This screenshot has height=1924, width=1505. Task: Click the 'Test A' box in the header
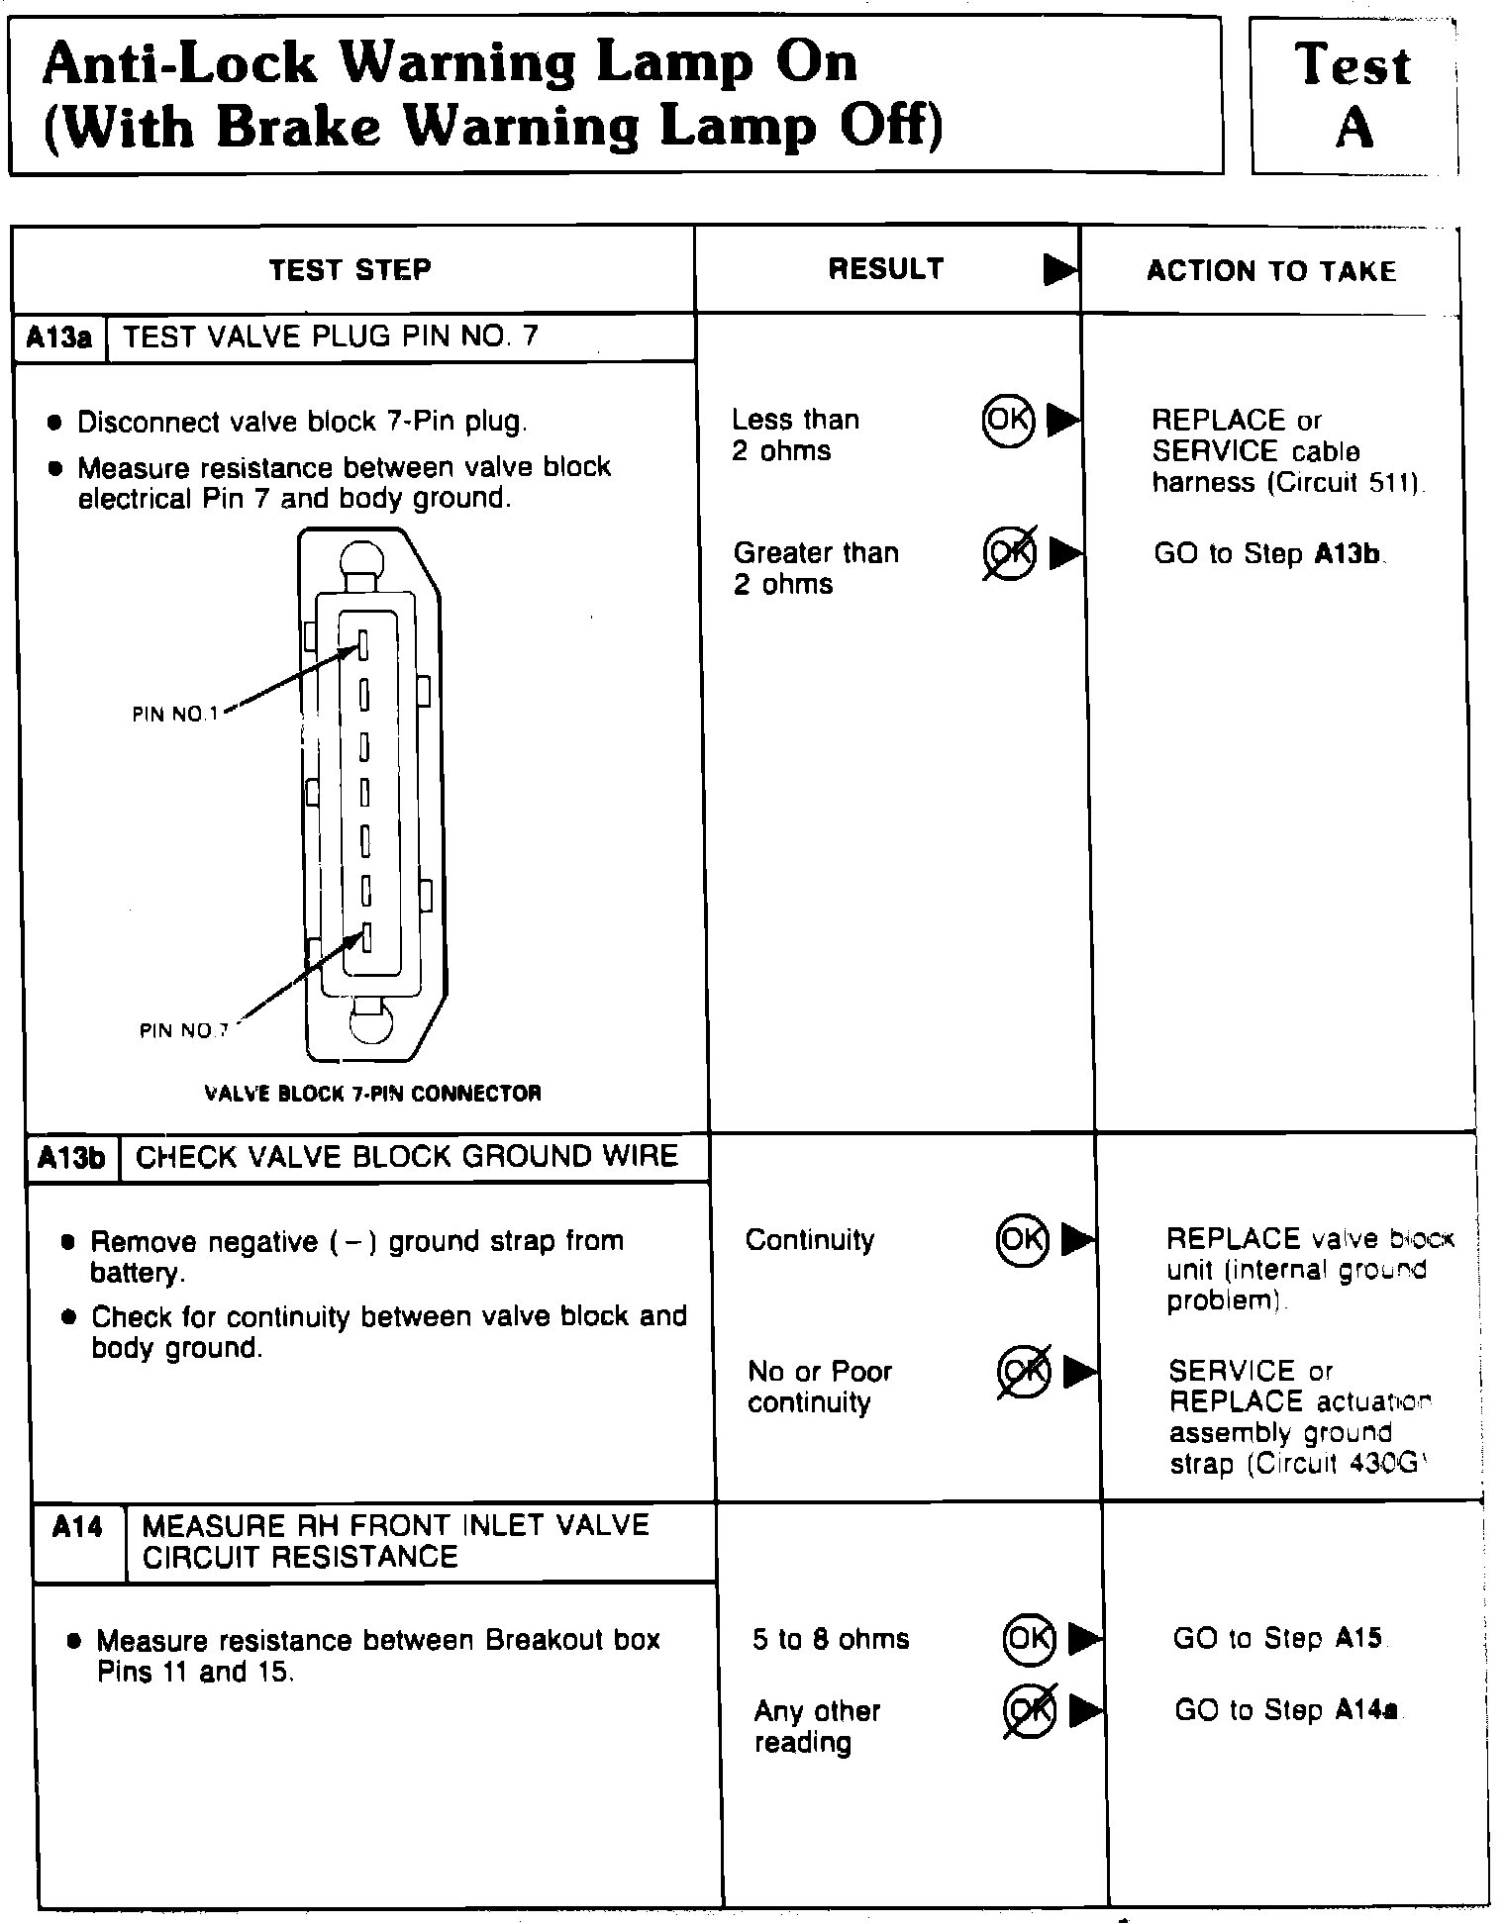click(x=1353, y=96)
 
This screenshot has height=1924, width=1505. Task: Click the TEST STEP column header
click(x=351, y=270)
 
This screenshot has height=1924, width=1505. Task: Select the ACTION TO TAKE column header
click(x=1271, y=271)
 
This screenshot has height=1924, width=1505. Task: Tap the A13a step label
click(x=58, y=337)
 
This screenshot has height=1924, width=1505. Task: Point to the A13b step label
click(x=72, y=1157)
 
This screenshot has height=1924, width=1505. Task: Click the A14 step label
click(x=77, y=1527)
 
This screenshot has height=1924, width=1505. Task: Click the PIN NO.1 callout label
click(x=175, y=714)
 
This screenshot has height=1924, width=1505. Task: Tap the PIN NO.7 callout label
click(x=184, y=1030)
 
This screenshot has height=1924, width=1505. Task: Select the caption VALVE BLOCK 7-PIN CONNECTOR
click(x=372, y=1094)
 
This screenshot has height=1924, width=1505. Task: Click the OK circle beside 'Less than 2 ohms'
click(x=1008, y=420)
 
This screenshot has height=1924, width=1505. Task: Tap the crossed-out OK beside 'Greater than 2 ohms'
click(x=1010, y=553)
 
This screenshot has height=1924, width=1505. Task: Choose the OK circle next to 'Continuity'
click(x=1022, y=1239)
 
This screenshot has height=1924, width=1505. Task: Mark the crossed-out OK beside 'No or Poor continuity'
click(x=1024, y=1372)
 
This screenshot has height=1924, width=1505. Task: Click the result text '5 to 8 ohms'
click(x=831, y=1639)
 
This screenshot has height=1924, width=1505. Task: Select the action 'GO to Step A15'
click(x=1277, y=1638)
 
